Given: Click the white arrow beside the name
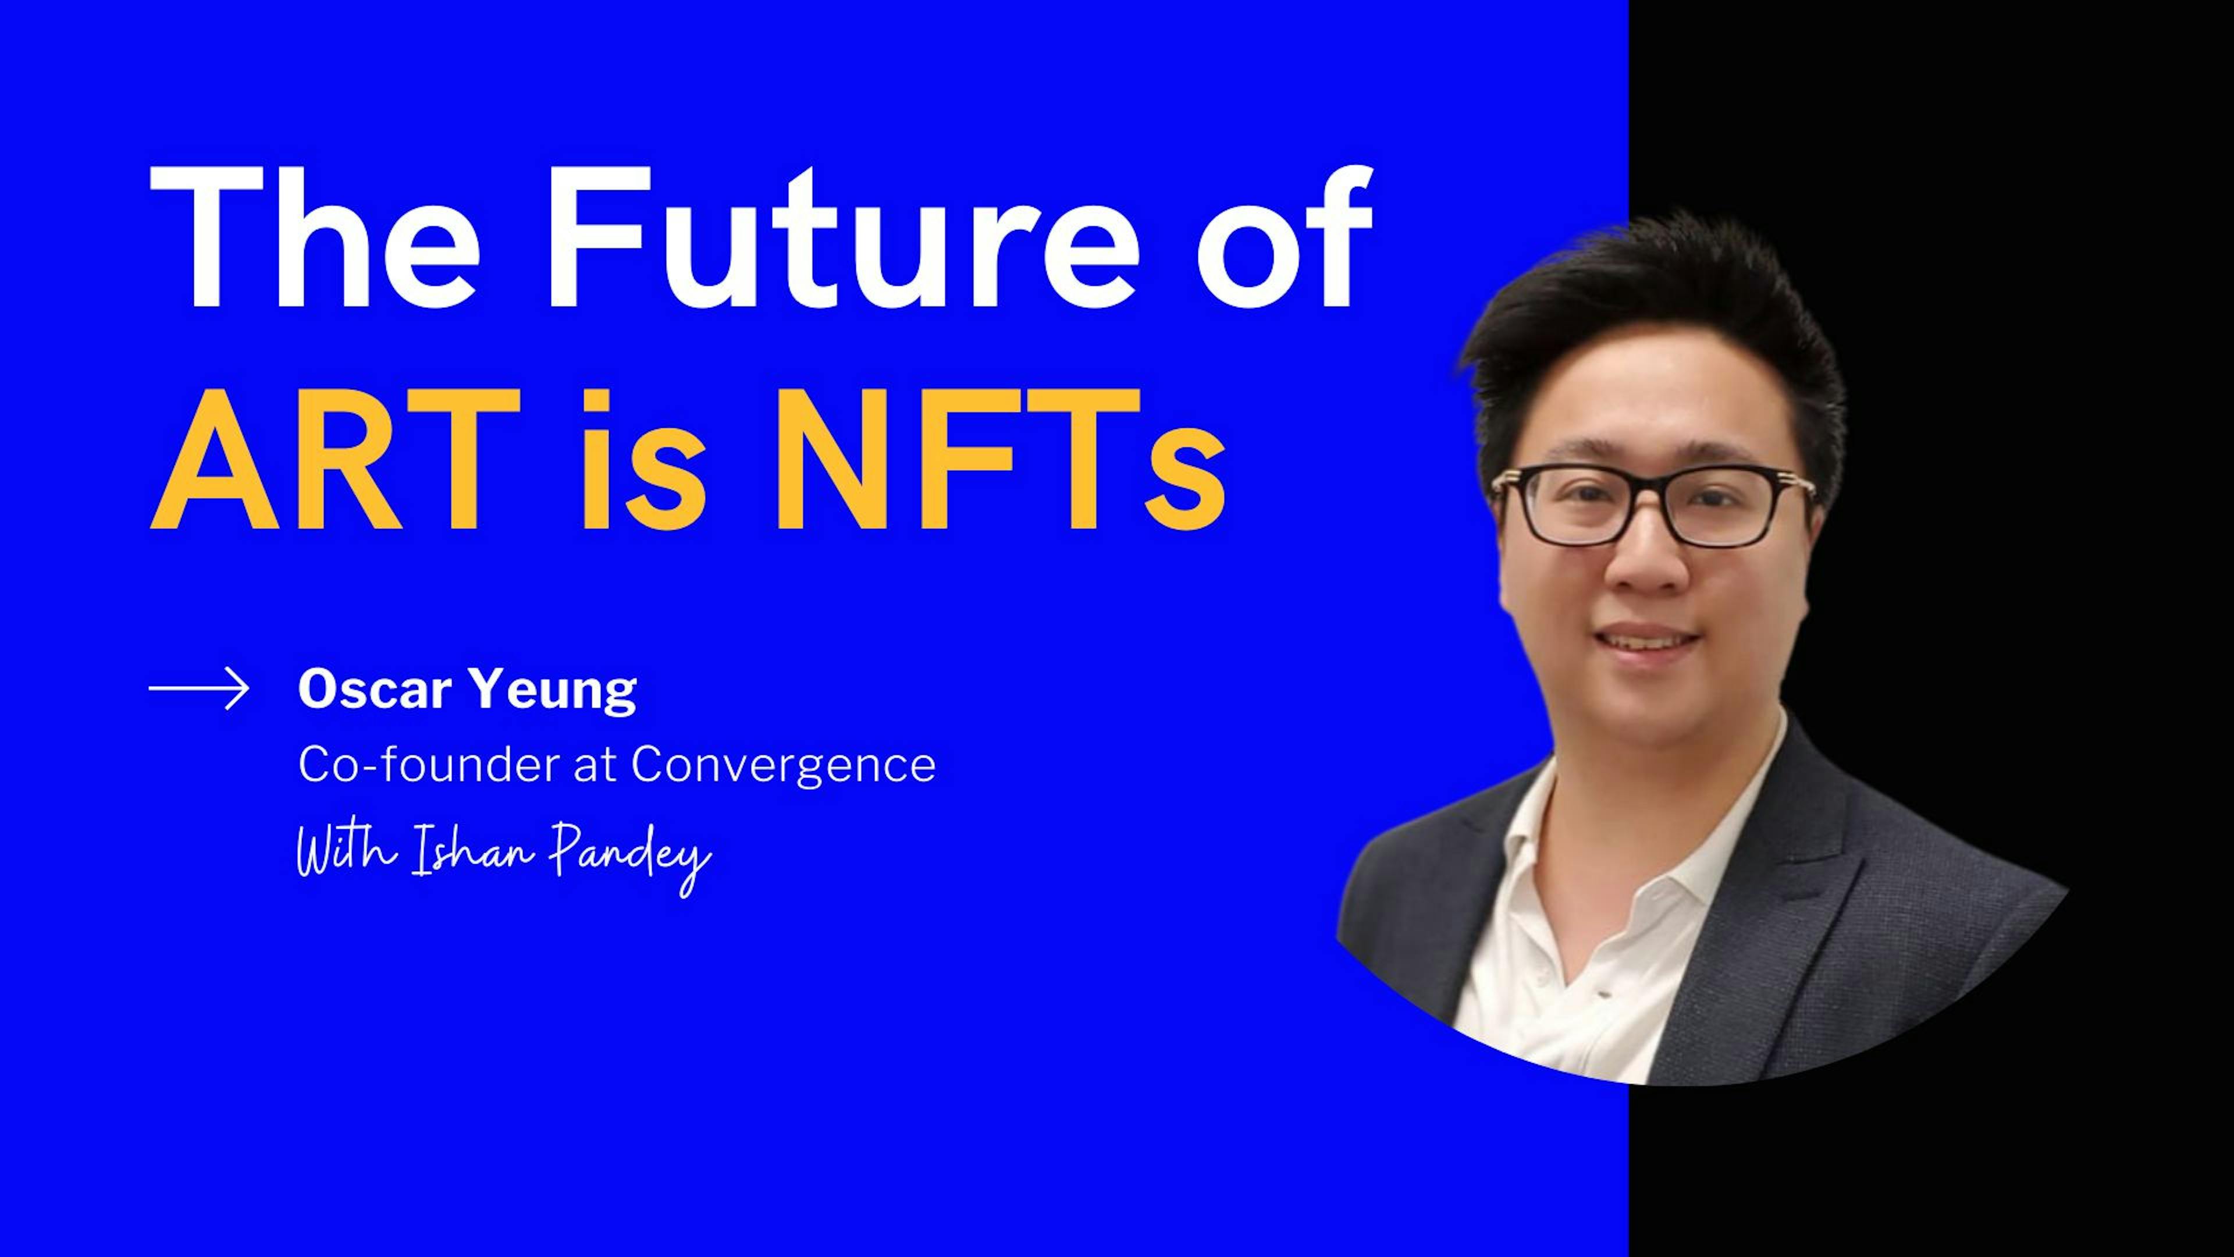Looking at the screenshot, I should click(200, 690).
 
